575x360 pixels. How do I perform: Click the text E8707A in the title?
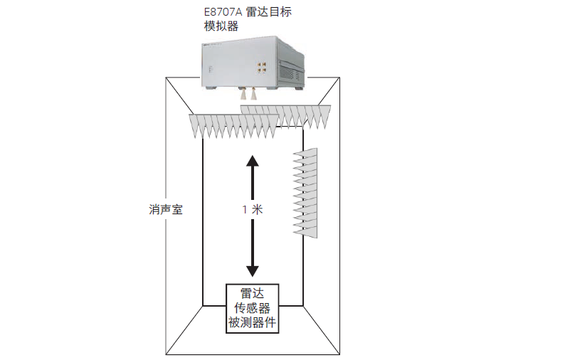223,11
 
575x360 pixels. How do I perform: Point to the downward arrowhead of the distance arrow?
251,270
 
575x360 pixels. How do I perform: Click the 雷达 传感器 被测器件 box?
252,308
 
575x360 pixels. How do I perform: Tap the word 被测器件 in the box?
252,324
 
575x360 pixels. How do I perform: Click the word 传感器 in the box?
252,309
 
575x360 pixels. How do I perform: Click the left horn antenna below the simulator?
243,93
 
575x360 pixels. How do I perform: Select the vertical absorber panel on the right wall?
306,192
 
